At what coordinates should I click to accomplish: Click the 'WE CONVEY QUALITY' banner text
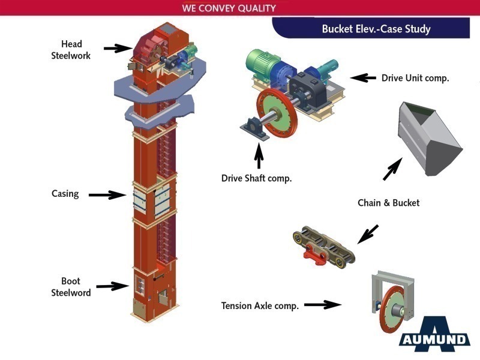click(x=229, y=8)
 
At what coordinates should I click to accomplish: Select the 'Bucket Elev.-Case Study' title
click(x=376, y=29)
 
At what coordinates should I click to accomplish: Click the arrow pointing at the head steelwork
click(x=118, y=48)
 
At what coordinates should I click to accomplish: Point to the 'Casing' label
click(x=65, y=194)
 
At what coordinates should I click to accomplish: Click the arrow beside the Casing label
click(x=107, y=194)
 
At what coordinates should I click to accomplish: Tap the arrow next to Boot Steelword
click(x=112, y=286)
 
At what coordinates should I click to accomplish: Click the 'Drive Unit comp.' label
click(x=415, y=78)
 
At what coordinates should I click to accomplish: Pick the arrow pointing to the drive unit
click(x=363, y=77)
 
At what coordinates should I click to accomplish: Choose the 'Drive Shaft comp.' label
click(x=256, y=178)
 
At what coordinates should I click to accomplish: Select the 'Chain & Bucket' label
click(x=388, y=203)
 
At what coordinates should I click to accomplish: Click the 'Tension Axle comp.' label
click(x=260, y=305)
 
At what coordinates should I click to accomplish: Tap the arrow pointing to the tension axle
click(x=322, y=305)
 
